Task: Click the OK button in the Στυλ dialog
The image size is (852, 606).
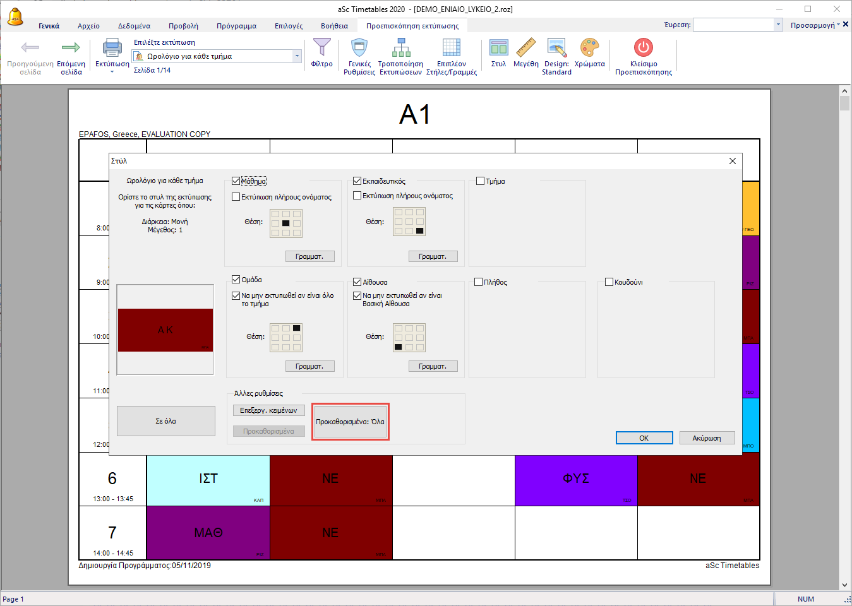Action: tap(644, 438)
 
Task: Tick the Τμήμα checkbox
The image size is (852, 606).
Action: tap(481, 181)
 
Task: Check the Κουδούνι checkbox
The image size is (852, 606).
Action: tap(609, 282)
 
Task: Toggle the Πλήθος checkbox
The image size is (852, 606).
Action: tap(479, 282)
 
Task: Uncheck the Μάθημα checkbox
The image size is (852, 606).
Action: tap(236, 181)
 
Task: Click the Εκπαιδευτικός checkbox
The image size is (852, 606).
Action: tap(357, 181)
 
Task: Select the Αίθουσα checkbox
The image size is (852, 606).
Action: tap(357, 282)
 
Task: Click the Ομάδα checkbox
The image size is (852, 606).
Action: tap(236, 280)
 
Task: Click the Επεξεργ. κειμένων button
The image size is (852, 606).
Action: tap(268, 410)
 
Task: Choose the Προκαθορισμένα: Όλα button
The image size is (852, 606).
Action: tap(350, 422)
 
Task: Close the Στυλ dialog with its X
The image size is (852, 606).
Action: tap(733, 161)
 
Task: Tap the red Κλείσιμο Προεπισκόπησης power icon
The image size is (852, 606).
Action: tap(644, 48)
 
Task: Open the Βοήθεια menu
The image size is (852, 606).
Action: tap(334, 26)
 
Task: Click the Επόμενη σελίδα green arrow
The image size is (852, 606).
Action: tap(71, 48)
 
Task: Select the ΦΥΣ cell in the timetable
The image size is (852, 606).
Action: tap(576, 478)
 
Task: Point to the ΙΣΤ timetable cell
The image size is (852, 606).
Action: tap(208, 478)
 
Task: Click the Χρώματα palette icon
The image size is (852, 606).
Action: tap(589, 48)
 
